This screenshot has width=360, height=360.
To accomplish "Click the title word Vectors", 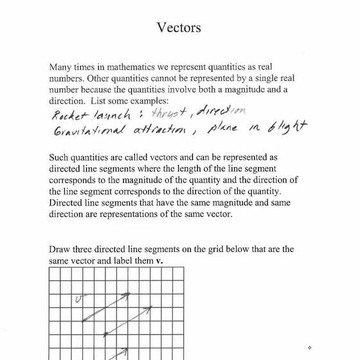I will click(x=179, y=28).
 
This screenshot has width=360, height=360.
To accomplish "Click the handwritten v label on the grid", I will click(x=79, y=298).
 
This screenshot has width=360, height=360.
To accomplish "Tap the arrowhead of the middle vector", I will click(x=151, y=307).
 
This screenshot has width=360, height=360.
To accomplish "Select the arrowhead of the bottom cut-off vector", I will click(x=127, y=350).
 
